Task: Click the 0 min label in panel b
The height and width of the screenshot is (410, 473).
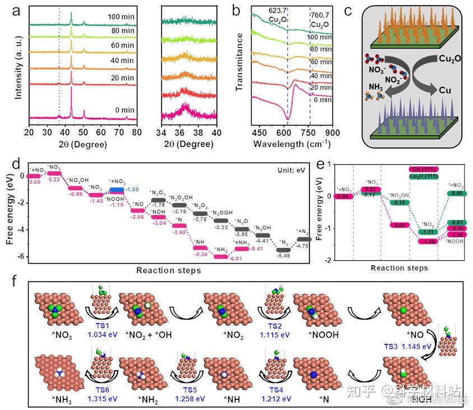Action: pyautogui.click(x=321, y=100)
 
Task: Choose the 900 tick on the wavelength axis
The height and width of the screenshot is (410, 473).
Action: pyautogui.click(x=332, y=132)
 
